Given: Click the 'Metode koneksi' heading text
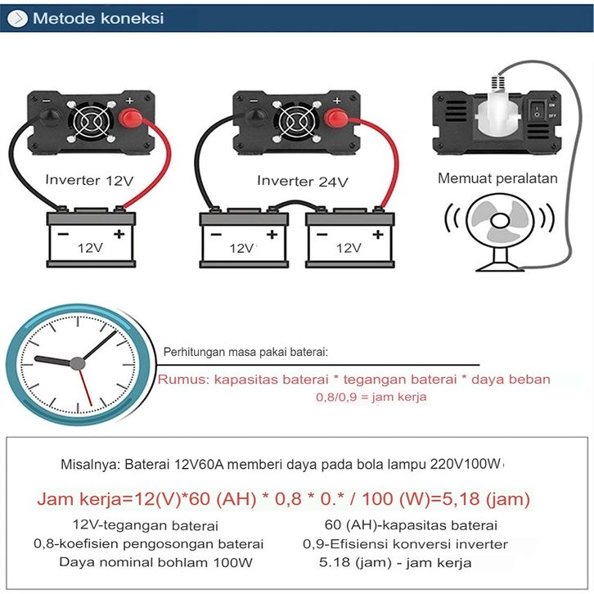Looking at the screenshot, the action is click(x=98, y=18).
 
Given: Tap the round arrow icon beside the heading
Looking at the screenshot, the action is click(x=17, y=18).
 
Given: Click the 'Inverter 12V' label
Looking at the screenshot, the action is click(x=89, y=180).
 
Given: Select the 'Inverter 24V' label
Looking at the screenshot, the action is click(x=302, y=181).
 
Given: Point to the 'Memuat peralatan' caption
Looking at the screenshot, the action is click(x=497, y=178).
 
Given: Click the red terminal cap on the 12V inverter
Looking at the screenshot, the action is click(x=131, y=118).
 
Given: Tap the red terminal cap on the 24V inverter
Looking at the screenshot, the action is click(x=336, y=118).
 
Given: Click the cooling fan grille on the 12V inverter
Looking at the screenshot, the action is click(x=91, y=122).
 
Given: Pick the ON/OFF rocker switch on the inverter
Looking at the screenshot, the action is click(x=538, y=110).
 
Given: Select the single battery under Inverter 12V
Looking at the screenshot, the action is click(x=91, y=237).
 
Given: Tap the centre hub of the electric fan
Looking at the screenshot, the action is click(x=500, y=220).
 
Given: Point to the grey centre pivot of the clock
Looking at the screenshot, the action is click(x=77, y=363).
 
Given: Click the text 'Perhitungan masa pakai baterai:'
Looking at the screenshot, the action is click(x=245, y=352).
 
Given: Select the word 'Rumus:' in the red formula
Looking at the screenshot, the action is click(x=183, y=379).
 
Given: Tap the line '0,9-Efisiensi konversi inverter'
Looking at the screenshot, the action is click(x=405, y=544).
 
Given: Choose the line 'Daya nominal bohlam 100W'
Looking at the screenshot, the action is click(x=155, y=562).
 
